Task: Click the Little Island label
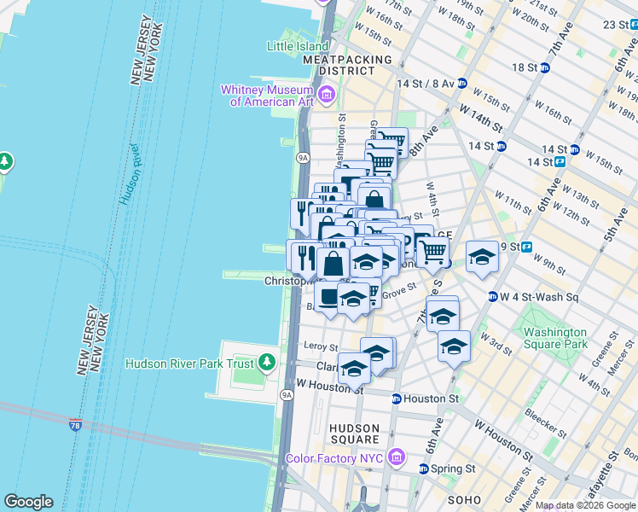click(x=297, y=46)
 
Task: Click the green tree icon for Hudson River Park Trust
click(x=268, y=363)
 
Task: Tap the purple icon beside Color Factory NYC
click(x=395, y=458)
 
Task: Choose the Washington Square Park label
click(x=555, y=338)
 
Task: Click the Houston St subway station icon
click(x=397, y=399)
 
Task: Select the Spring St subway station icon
click(x=424, y=468)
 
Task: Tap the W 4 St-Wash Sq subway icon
click(x=493, y=297)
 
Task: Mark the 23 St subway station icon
click(x=632, y=24)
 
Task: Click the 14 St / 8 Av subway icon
click(x=461, y=84)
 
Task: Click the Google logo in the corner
click(x=28, y=502)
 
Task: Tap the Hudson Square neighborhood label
click(x=354, y=434)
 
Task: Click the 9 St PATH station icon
click(x=526, y=247)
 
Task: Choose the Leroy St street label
click(x=321, y=346)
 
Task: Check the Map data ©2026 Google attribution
click(x=585, y=506)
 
